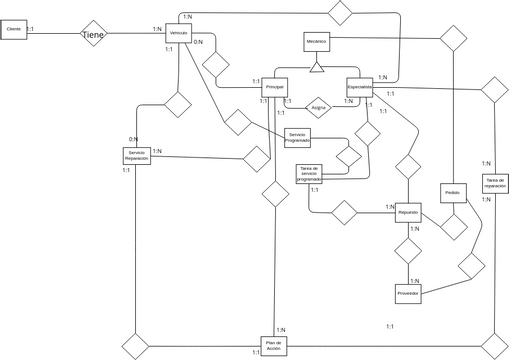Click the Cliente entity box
click(14, 31)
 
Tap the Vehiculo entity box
click(179, 34)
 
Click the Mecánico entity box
click(316, 42)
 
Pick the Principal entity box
click(275, 88)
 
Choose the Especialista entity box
click(360, 87)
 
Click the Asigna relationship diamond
click(318, 106)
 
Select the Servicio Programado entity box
click(296, 137)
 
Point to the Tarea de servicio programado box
click(309, 174)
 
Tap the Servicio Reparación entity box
click(136, 156)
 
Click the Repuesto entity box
click(408, 213)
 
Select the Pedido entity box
click(452, 192)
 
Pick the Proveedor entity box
click(408, 293)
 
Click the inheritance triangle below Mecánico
click(316, 67)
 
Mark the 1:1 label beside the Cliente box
click(30, 30)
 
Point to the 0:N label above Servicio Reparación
click(133, 139)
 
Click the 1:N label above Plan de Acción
click(281, 329)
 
